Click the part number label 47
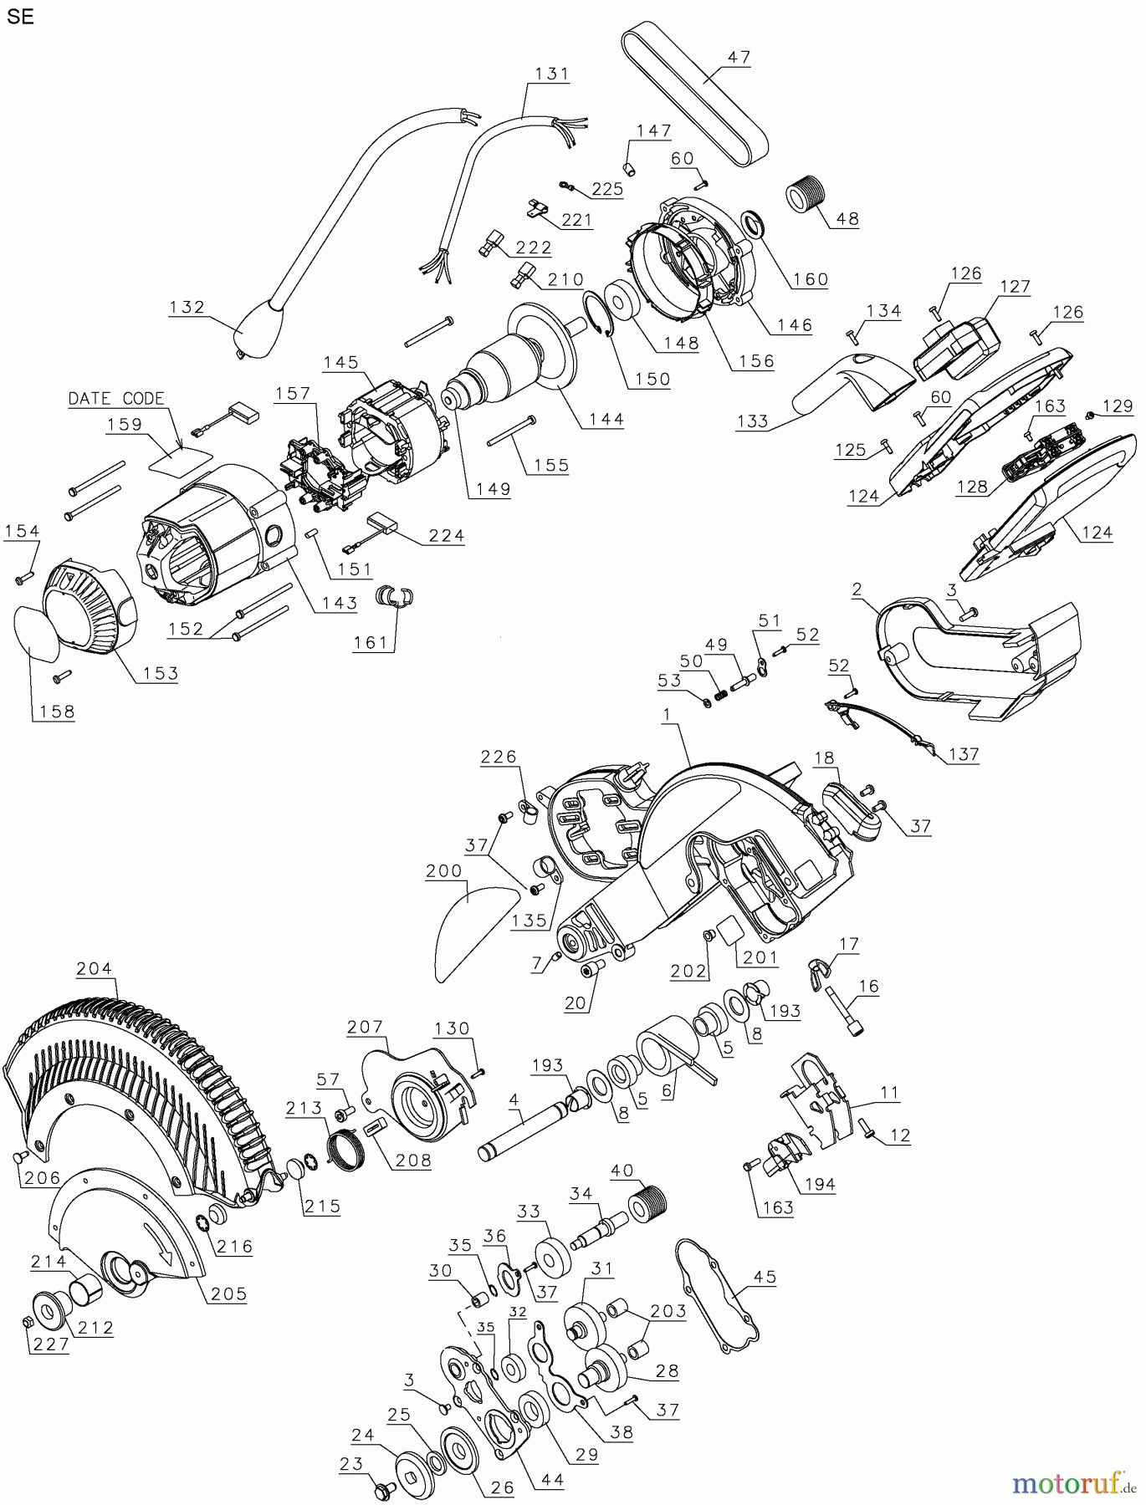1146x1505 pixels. coord(739,58)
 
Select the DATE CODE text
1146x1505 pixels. coord(116,399)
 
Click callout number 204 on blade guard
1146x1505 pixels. coord(95,969)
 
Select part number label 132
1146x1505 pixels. coord(187,307)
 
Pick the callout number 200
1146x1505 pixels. coord(444,870)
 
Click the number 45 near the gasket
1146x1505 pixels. coord(765,1277)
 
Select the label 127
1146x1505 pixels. coord(1015,286)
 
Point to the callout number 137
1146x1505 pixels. coord(964,754)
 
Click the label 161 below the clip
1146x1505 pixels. coord(371,642)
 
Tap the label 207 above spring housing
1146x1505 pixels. coord(366,1027)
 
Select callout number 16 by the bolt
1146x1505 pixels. coord(869,987)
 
